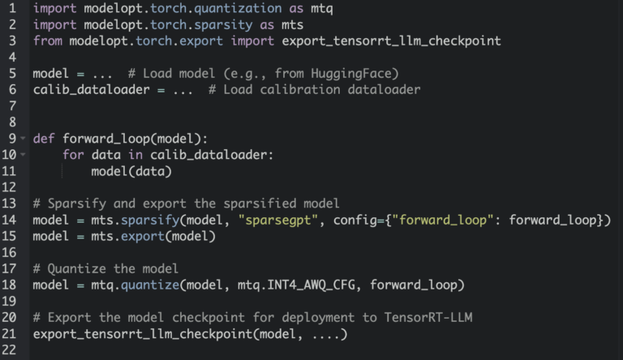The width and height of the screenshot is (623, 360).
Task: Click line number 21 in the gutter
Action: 11,333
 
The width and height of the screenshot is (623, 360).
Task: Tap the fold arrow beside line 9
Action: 23,138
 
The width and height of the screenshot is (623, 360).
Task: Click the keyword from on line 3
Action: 47,41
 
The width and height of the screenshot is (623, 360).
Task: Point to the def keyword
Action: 44,138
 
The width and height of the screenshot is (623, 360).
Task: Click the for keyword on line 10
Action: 73,154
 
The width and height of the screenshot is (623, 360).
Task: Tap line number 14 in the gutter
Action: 11,220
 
